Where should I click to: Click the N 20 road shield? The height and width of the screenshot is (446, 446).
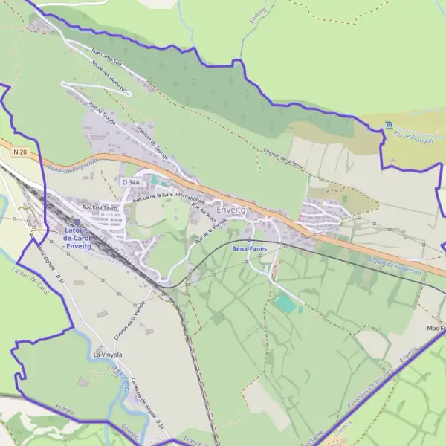(x=20, y=152)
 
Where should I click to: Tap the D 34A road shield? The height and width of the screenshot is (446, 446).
(x=129, y=181)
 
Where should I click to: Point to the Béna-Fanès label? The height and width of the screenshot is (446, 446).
(x=250, y=248)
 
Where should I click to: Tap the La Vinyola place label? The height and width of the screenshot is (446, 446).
(x=107, y=355)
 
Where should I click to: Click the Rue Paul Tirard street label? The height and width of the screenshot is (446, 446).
(x=100, y=208)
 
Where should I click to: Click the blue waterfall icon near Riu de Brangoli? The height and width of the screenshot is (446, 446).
(x=389, y=125)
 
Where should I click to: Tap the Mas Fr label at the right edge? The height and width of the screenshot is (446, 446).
(x=434, y=328)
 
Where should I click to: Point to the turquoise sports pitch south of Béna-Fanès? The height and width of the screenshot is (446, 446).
(x=284, y=303)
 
